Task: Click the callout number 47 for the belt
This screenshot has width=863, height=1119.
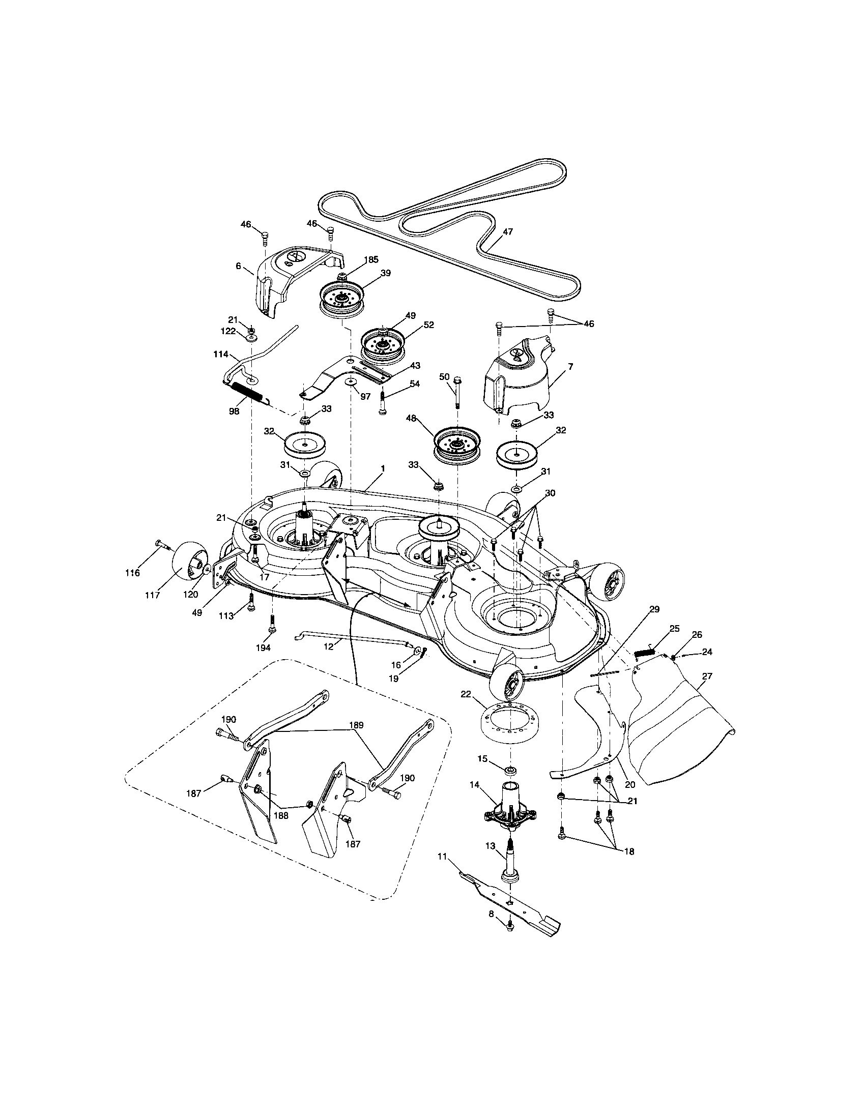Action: pos(507,231)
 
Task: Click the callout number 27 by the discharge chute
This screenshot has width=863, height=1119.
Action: pos(707,676)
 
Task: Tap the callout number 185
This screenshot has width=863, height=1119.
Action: pos(371,259)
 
